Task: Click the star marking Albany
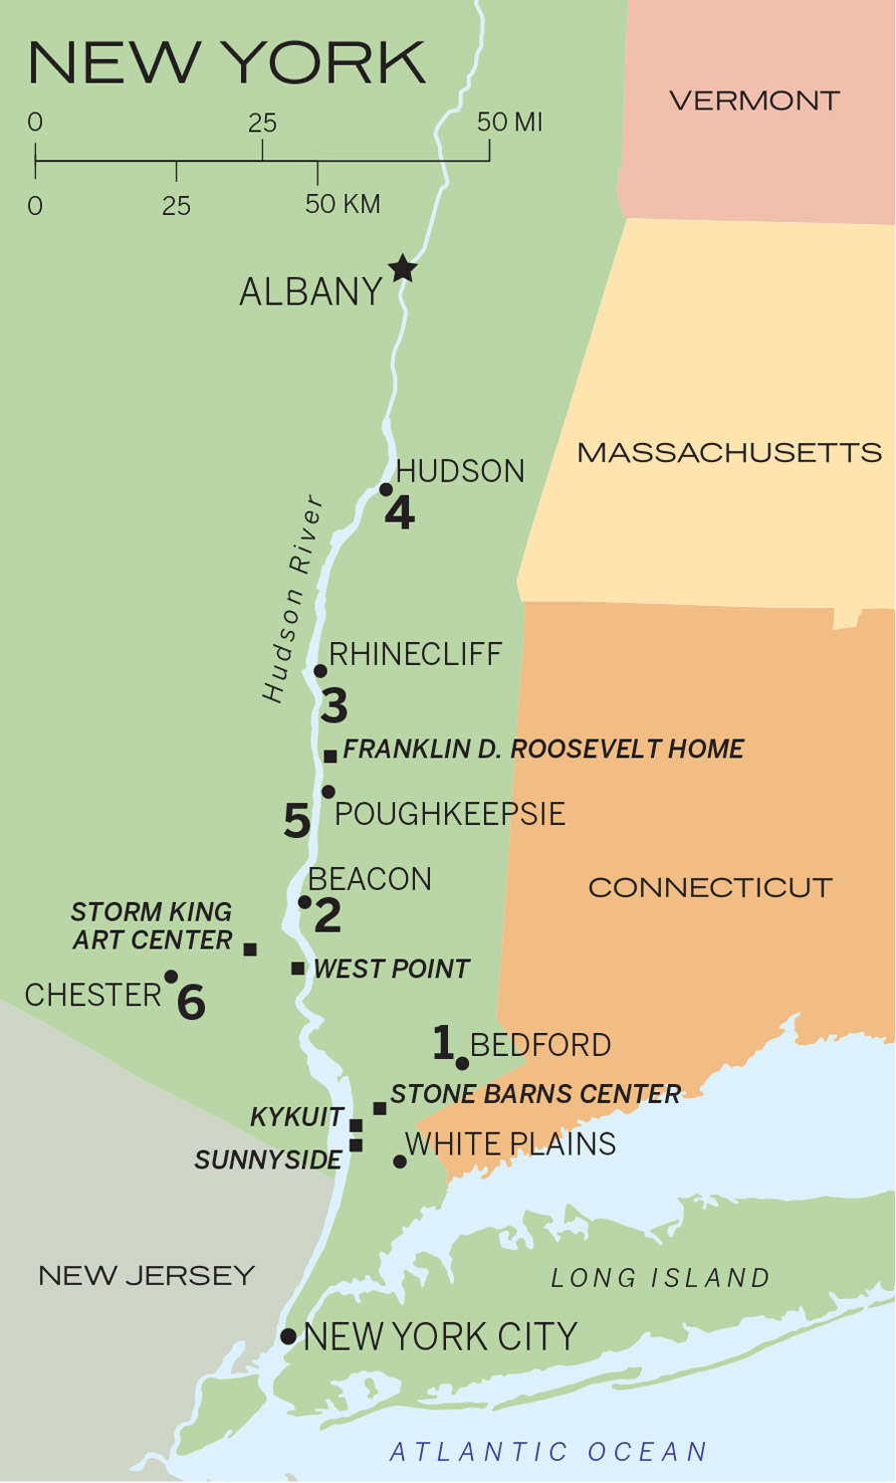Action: (402, 268)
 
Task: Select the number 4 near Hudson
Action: (399, 514)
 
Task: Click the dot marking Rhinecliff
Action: (321, 671)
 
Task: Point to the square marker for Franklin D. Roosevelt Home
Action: (331, 756)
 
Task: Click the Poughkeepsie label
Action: (449, 814)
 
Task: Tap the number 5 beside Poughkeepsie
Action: (297, 821)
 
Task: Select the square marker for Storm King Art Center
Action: (250, 950)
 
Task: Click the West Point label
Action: (391, 969)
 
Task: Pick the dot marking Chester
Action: (171, 976)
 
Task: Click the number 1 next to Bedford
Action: (443, 1042)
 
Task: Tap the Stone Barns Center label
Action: (536, 1094)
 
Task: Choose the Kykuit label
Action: (297, 1118)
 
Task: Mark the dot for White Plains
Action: (400, 1162)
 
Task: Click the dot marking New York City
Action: (288, 1337)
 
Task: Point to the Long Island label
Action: (661, 1278)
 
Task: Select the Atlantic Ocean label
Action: (549, 1452)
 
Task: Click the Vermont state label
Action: (755, 101)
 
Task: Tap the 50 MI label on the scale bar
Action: (510, 122)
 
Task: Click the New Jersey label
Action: (146, 1275)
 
